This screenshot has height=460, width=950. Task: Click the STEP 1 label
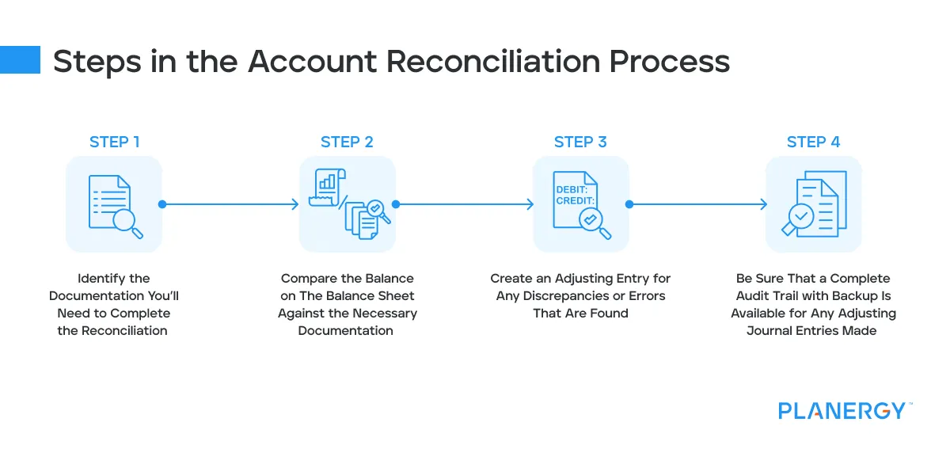click(114, 143)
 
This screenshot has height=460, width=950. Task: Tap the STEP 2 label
click(347, 143)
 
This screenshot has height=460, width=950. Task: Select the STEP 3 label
click(580, 143)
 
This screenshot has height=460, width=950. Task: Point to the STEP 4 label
click(813, 143)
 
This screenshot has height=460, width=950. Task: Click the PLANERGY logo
click(842, 411)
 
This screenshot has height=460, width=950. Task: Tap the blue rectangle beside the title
click(20, 59)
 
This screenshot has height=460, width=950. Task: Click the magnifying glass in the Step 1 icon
click(127, 222)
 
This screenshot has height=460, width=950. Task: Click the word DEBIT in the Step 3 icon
click(572, 190)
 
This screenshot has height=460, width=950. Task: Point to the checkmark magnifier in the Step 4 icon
click(801, 216)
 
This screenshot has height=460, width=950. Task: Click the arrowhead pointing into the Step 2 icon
click(294, 204)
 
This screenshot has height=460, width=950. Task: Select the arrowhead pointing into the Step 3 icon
click(529, 204)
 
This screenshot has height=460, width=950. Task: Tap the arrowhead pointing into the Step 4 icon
click(762, 204)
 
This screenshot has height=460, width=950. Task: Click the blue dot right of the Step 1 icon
click(162, 204)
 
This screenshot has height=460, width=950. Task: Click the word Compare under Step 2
click(309, 279)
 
